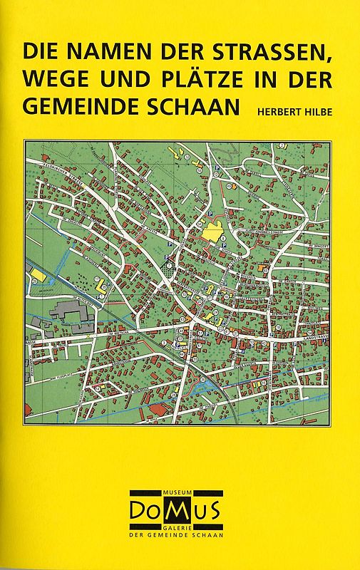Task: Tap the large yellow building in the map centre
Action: tap(212, 232)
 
